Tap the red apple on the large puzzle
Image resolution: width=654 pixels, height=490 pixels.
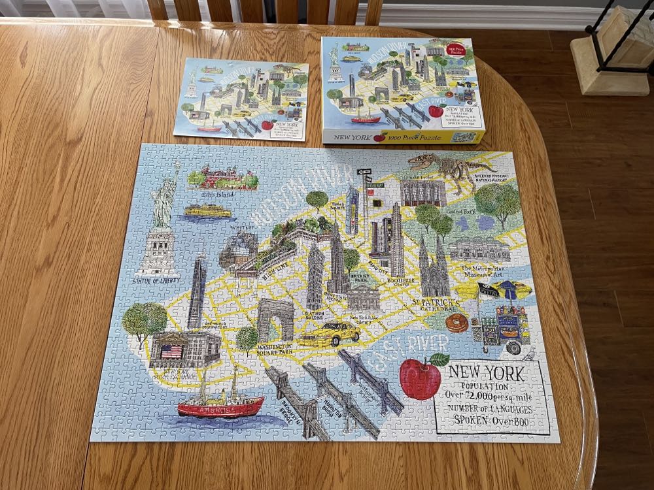[x=421, y=378]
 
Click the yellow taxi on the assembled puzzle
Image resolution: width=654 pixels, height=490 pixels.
[x=330, y=334]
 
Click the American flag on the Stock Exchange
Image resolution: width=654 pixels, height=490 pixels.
[x=171, y=351]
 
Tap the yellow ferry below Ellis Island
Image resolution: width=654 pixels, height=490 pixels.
[x=207, y=210]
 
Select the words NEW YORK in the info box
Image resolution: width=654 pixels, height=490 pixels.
[x=485, y=373]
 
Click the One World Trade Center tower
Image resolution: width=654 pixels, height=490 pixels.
[x=196, y=292]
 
